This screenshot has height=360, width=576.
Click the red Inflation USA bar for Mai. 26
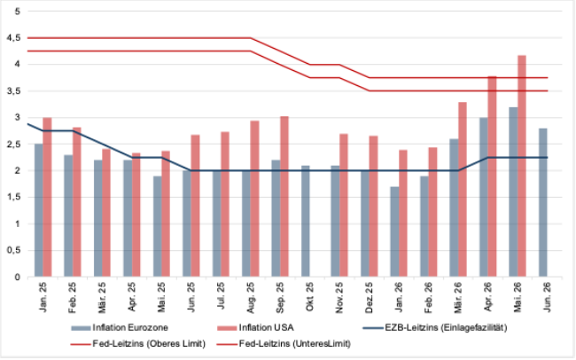pyautogui.click(x=522, y=166)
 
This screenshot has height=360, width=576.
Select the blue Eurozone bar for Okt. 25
pyautogui.click(x=305, y=221)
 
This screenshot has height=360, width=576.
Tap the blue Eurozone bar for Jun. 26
pyautogui.click(x=543, y=202)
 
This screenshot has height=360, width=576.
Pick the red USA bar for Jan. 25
pyautogui.click(x=47, y=197)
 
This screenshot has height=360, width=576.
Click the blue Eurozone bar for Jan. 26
pyautogui.click(x=394, y=231)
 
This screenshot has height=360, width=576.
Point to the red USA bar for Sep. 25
pyautogui.click(x=284, y=196)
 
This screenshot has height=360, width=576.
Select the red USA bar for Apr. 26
pyautogui.click(x=492, y=176)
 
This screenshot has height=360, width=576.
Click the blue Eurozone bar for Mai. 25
pyautogui.click(x=157, y=226)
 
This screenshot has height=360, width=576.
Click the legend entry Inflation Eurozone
pyautogui.click(x=120, y=327)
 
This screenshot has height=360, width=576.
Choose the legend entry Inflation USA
pyautogui.click(x=255, y=327)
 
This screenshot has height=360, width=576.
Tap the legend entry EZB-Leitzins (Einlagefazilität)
pyautogui.click(x=435, y=327)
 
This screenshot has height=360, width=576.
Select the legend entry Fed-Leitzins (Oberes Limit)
pyautogui.click(x=138, y=344)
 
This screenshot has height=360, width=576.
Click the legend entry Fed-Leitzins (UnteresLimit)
pyautogui.click(x=284, y=344)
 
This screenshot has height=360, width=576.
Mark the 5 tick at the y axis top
pyautogui.click(x=17, y=12)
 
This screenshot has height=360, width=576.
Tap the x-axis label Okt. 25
pyautogui.click(x=309, y=296)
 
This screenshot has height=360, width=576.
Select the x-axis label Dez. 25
pyautogui.click(x=369, y=297)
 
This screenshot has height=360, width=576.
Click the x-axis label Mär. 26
pyautogui.click(x=458, y=297)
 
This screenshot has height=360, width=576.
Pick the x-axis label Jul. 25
pyautogui.click(x=221, y=295)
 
